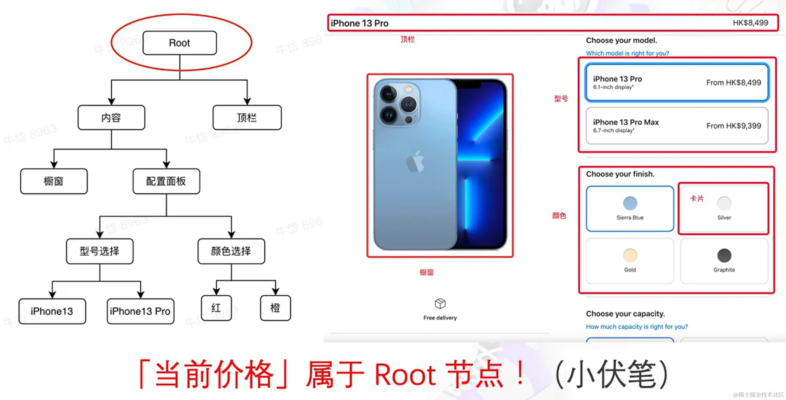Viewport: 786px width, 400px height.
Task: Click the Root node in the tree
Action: tap(180, 43)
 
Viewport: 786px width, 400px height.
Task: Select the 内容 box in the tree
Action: tap(111, 118)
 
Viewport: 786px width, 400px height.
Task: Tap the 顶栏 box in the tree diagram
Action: tap(247, 118)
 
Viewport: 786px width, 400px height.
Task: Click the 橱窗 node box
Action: tap(54, 181)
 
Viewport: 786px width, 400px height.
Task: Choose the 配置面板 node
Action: tap(166, 181)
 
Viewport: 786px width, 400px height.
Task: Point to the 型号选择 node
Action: tap(100, 251)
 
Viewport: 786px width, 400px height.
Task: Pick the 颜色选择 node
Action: tap(231, 251)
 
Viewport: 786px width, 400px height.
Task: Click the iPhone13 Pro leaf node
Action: tap(140, 311)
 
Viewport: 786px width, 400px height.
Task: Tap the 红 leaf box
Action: tap(216, 308)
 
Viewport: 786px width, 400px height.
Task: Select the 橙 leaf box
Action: tap(275, 308)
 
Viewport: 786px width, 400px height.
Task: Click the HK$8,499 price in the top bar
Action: tap(750, 23)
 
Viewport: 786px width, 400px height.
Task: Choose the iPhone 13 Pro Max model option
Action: tap(677, 126)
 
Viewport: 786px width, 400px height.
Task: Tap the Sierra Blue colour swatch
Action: tap(630, 203)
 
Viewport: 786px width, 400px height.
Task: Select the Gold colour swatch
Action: tap(630, 256)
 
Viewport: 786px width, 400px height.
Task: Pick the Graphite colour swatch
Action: tap(724, 256)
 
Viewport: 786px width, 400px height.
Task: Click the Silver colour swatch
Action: tap(724, 203)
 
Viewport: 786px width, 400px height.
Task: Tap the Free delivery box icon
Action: tap(440, 304)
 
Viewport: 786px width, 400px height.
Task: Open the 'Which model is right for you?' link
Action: tap(627, 53)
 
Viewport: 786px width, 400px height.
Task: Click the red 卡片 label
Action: tap(697, 199)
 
